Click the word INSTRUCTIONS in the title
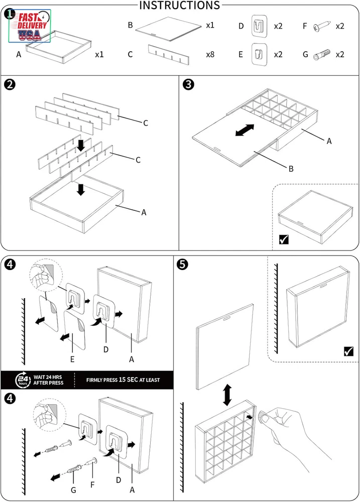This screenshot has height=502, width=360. (179, 6)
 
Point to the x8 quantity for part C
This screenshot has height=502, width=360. (210, 54)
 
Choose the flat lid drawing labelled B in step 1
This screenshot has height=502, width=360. (167, 28)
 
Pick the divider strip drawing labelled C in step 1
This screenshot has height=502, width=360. (170, 54)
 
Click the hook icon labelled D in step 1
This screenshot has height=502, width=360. (259, 25)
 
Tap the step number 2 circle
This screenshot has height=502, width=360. (10, 83)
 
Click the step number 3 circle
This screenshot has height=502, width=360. (189, 83)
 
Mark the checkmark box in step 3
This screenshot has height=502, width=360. (284, 239)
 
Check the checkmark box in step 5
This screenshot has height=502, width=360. (348, 351)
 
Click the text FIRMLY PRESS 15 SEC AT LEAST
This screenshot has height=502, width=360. (123, 380)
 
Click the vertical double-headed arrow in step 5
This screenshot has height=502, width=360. (227, 395)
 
